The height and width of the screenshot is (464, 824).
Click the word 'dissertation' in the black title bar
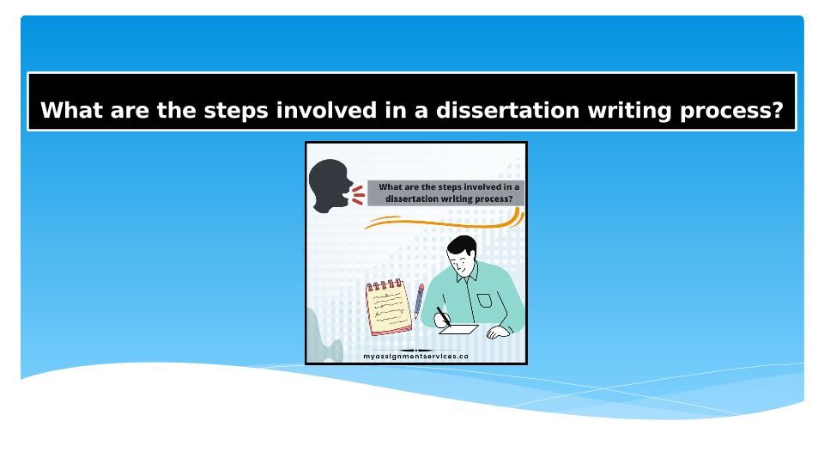(x=507, y=111)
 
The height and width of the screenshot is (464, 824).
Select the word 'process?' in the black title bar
(x=731, y=112)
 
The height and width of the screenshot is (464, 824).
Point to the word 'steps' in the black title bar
(x=236, y=112)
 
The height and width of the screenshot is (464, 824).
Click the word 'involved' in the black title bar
(x=326, y=111)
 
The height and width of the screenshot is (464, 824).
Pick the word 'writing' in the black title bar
(x=629, y=112)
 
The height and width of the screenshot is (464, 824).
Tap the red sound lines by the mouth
(x=359, y=195)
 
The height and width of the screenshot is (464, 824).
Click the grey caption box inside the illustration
(x=445, y=193)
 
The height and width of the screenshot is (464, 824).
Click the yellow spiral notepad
(x=389, y=308)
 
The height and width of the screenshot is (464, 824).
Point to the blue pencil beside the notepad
(x=419, y=301)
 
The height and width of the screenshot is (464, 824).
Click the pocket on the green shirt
(x=484, y=301)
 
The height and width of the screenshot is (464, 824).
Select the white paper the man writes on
(x=458, y=329)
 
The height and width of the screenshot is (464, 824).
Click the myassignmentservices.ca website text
(x=415, y=356)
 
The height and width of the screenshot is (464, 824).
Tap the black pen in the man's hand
(x=443, y=317)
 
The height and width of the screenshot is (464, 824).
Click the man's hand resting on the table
(x=497, y=332)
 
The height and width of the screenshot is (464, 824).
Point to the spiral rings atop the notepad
(x=385, y=285)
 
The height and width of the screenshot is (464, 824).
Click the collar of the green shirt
(x=467, y=273)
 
